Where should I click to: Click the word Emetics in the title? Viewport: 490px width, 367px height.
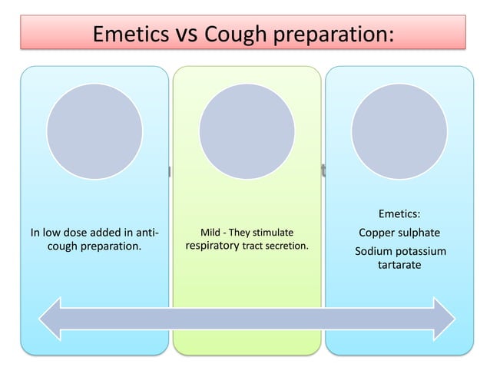tap(132, 34)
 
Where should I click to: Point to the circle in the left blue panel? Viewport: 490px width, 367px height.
tap(94, 131)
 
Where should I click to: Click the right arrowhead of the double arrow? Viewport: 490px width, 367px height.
tap(440, 316)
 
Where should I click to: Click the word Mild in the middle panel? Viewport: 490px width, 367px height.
tap(210, 232)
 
